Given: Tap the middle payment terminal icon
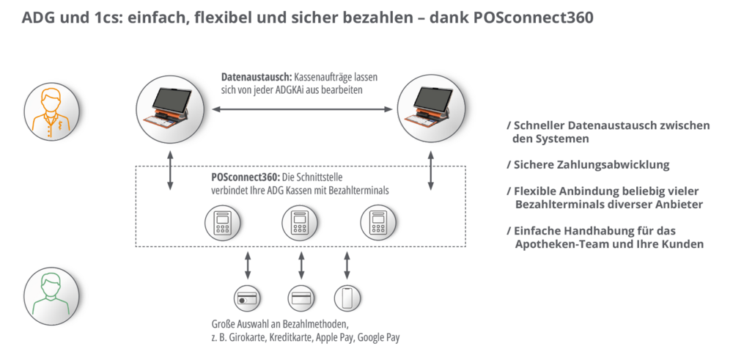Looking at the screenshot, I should [298, 222].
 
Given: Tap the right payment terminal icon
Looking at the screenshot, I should [377, 222].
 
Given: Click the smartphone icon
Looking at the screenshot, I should [346, 298].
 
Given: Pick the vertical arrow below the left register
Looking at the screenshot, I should [169, 171].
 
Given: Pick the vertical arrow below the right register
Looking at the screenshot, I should [432, 171].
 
